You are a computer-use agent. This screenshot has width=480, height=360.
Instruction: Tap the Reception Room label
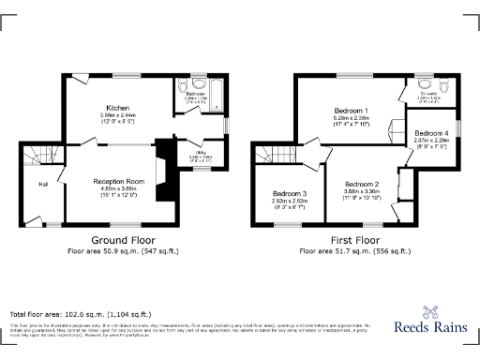tap(118, 181)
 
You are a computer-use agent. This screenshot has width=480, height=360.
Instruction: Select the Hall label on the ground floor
tap(43, 184)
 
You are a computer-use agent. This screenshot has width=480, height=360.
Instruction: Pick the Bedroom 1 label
tap(351, 111)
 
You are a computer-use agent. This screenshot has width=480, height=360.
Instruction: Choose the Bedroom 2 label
tap(360, 184)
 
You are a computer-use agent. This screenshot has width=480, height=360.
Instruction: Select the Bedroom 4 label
tap(432, 133)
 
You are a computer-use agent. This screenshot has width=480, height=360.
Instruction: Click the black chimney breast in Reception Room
tap(166, 173)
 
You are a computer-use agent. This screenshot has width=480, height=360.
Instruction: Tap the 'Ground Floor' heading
tap(122, 240)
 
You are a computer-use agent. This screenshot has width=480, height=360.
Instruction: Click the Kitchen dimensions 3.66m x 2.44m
tap(118, 115)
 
